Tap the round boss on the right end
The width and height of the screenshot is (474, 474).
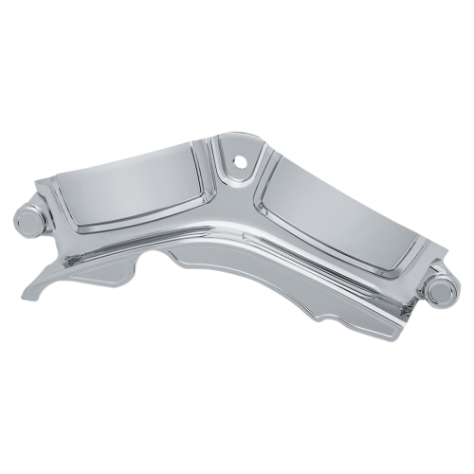tap(439, 290)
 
